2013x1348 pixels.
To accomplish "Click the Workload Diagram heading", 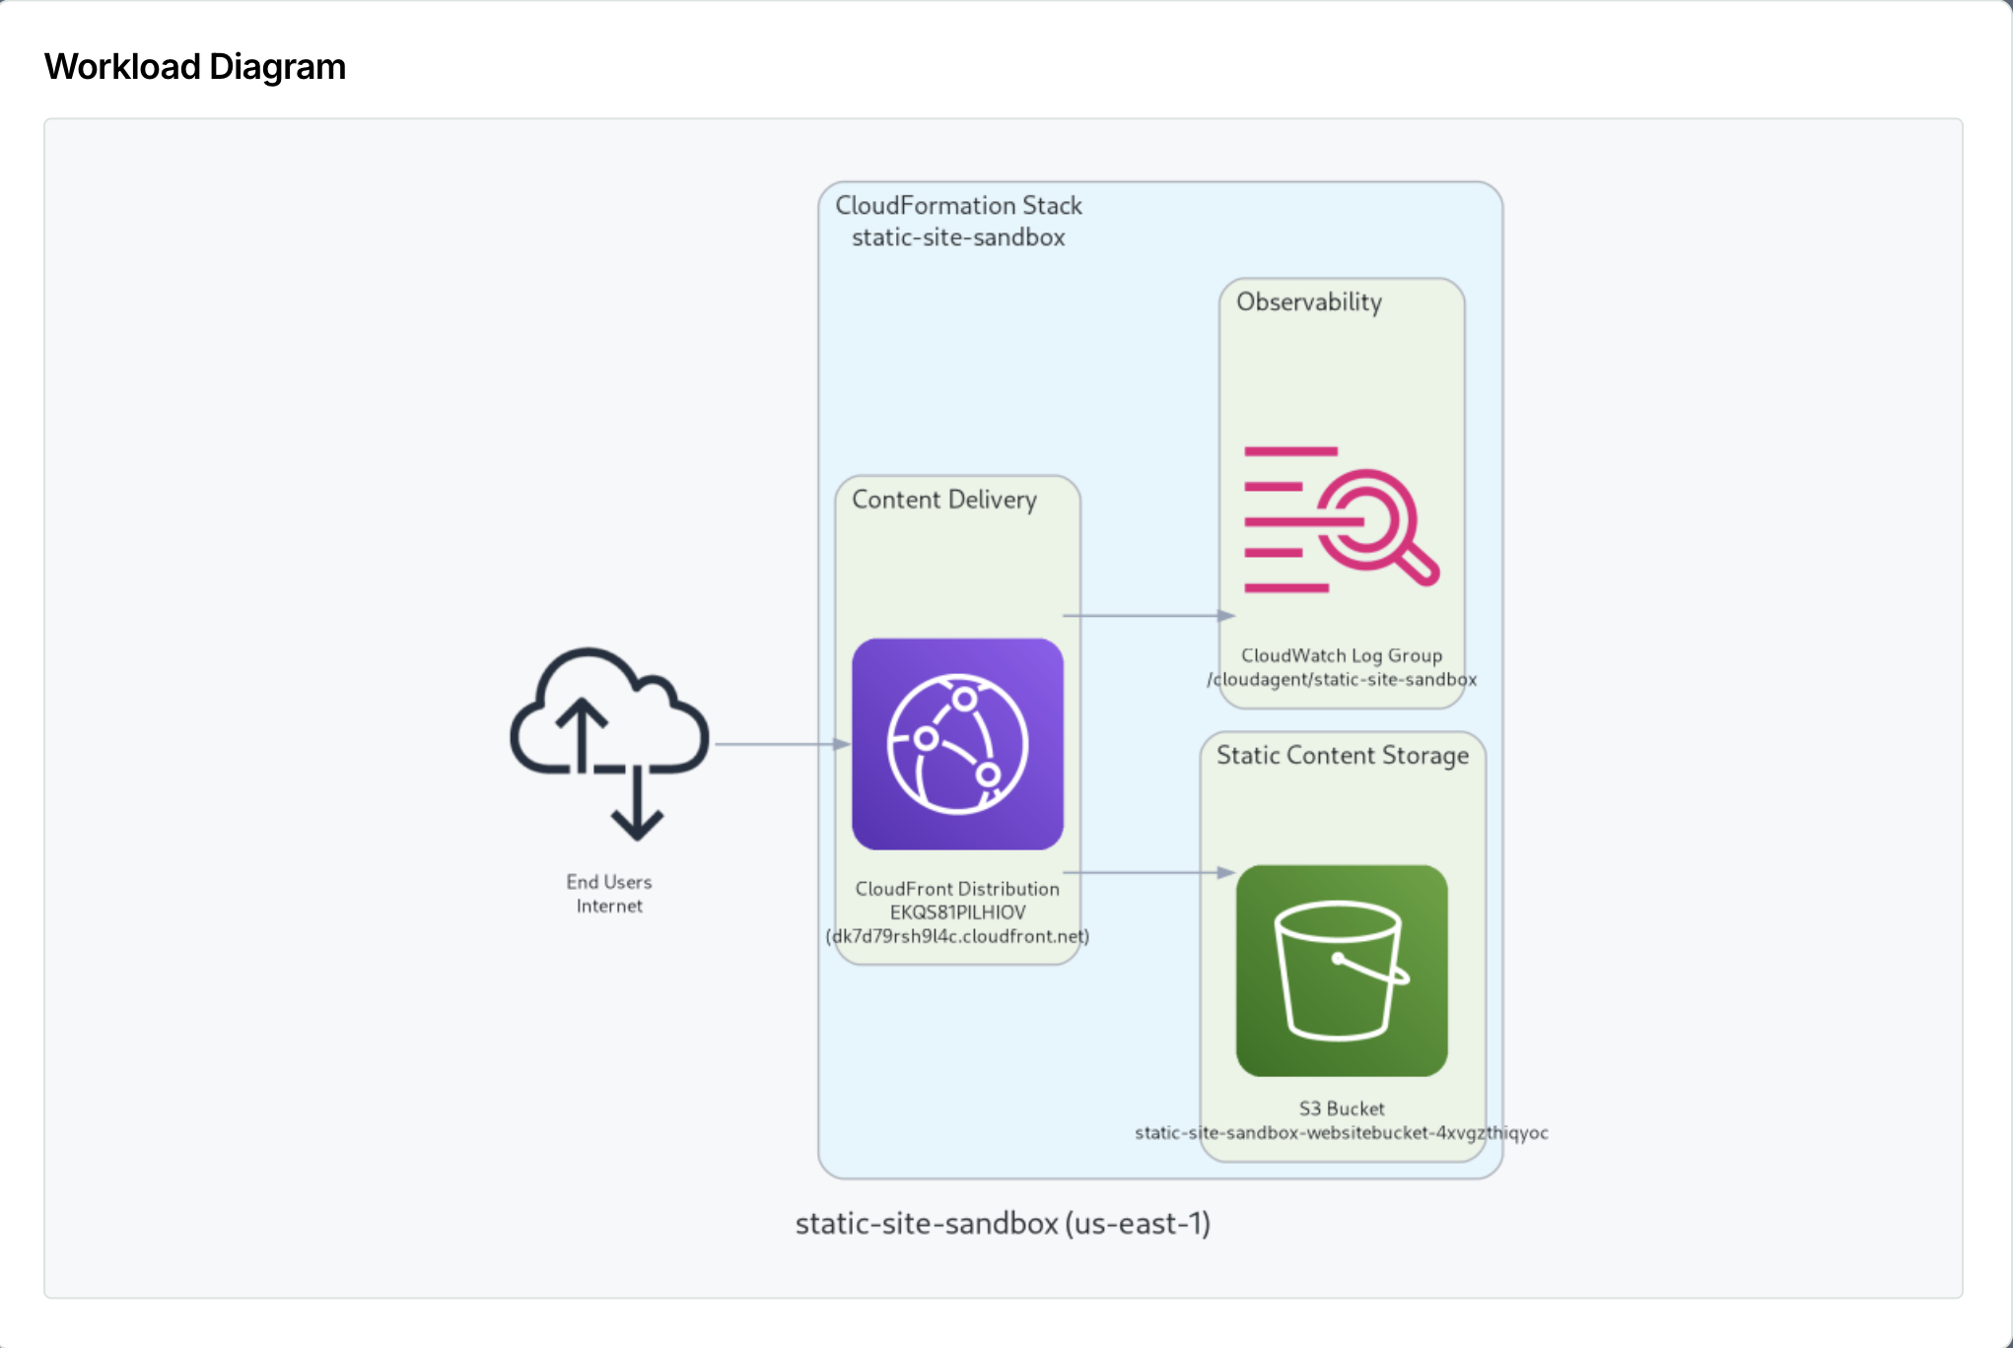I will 195,67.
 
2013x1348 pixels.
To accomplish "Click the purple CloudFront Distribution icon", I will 957,744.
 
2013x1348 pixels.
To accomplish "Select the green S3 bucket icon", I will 1341,971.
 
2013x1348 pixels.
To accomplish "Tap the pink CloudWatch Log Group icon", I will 1341,519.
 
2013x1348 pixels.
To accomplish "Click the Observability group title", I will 1308,303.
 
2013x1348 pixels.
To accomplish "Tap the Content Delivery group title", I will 943,500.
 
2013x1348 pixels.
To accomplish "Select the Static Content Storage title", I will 1342,756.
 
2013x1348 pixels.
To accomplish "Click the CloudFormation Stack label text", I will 958,206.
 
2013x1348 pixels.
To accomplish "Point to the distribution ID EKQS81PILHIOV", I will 957,912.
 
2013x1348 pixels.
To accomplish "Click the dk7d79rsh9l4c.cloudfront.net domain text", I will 957,936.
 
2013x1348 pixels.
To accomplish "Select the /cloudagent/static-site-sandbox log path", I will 1341,680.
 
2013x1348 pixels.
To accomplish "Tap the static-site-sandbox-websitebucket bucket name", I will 1341,1133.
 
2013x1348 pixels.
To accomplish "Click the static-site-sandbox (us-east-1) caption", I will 1003,1224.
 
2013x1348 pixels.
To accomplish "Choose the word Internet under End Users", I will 609,907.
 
